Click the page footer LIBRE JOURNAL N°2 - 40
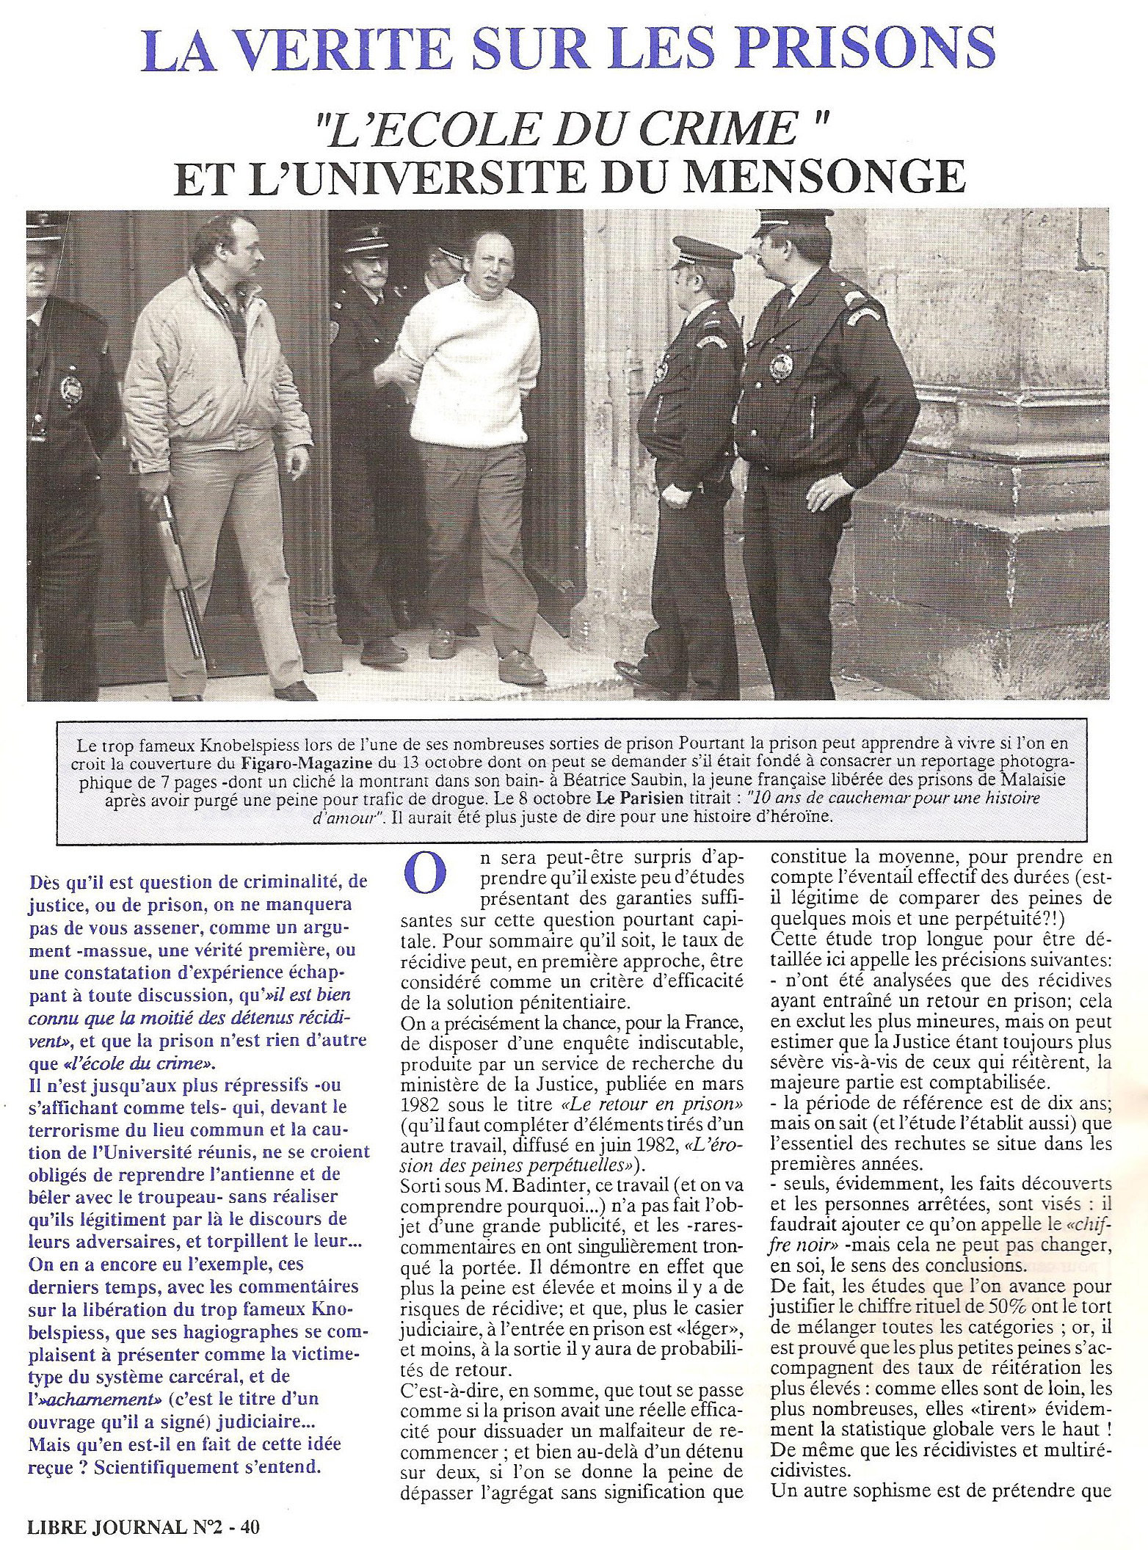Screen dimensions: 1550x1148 143,1527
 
